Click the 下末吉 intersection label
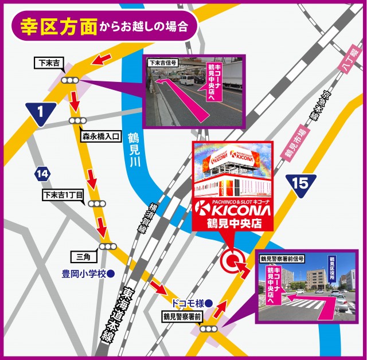pyautogui.click(x=49, y=62)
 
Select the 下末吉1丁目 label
pyautogui.click(x=63, y=195)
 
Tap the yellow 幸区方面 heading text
pyautogui.click(x=58, y=26)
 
